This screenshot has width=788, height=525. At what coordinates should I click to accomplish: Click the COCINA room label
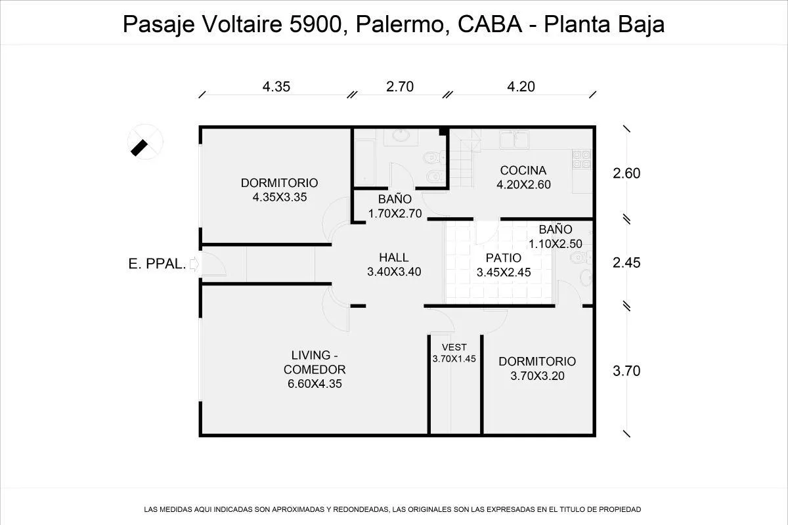point(523,171)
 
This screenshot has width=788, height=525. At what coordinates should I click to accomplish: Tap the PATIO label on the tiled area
point(504,258)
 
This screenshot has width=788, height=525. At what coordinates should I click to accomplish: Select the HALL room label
point(393,257)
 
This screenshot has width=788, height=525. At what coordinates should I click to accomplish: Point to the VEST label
point(454,347)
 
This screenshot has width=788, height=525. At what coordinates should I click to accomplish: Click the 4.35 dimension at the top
point(276,86)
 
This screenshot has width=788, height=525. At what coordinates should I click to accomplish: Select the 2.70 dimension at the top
point(400,86)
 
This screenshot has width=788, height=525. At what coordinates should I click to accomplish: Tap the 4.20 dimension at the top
point(521,86)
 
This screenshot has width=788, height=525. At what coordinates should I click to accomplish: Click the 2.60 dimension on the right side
point(626,174)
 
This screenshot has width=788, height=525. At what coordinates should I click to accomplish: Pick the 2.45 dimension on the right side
point(626,263)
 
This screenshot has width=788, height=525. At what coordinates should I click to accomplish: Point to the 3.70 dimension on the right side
point(626,371)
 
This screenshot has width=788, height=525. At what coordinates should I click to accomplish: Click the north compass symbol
point(145,141)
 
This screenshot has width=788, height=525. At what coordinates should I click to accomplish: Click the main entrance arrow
point(194,264)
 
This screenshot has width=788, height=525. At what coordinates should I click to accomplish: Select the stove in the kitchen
point(581,159)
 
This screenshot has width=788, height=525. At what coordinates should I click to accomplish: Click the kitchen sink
point(515,140)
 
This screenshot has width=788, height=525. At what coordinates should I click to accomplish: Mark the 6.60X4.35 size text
point(315,384)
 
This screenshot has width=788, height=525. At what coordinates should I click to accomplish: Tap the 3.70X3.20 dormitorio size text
point(537,376)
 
